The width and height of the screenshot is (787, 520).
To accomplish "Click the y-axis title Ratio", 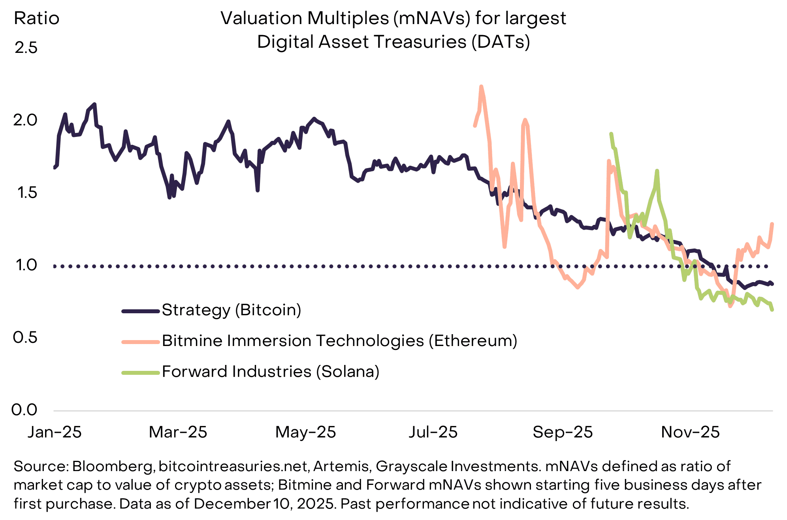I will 36,19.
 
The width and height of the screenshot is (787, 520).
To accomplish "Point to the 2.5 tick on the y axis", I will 26,48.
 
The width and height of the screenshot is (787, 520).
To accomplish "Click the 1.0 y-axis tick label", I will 26,265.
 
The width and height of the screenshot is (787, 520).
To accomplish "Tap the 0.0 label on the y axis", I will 24,410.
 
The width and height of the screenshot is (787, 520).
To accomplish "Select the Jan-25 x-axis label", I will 55,432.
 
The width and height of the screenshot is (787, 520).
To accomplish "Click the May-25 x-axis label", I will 305,432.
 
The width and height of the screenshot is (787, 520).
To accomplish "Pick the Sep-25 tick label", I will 563,432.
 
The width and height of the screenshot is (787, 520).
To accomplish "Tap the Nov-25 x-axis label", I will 690,432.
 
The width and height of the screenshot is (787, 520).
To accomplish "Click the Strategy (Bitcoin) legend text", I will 232,310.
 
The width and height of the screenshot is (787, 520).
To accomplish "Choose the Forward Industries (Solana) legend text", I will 271,372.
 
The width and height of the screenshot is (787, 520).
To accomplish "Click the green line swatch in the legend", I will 140,372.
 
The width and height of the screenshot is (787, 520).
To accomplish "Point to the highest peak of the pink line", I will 481,86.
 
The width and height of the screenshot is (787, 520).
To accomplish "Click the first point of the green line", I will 611,134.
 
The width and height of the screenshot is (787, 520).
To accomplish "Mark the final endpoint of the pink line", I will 772,224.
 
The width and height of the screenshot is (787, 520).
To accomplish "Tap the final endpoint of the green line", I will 772,310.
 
